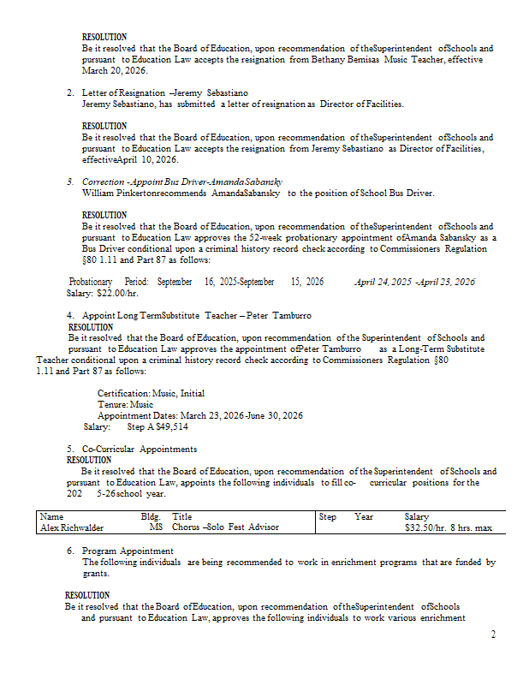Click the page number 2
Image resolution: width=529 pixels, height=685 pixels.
pyautogui.click(x=493, y=634)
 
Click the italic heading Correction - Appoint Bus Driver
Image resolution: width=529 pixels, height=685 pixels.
pyautogui.click(x=181, y=182)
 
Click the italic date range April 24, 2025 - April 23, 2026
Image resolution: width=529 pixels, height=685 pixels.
pyautogui.click(x=414, y=282)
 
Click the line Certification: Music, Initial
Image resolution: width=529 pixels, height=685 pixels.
pyautogui.click(x=151, y=393)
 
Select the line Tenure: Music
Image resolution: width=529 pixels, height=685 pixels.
pyautogui.click(x=125, y=404)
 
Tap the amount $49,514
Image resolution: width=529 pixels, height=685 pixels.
pyautogui.click(x=172, y=426)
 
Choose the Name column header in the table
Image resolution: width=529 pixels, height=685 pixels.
pyautogui.click(x=51, y=516)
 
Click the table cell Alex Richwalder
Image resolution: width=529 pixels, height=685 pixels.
pyautogui.click(x=71, y=527)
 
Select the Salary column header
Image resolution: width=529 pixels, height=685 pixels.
pyautogui.click(x=416, y=516)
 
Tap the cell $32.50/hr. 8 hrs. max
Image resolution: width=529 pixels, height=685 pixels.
pyautogui.click(x=448, y=527)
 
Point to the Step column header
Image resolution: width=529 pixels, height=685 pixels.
pyautogui.click(x=327, y=516)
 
